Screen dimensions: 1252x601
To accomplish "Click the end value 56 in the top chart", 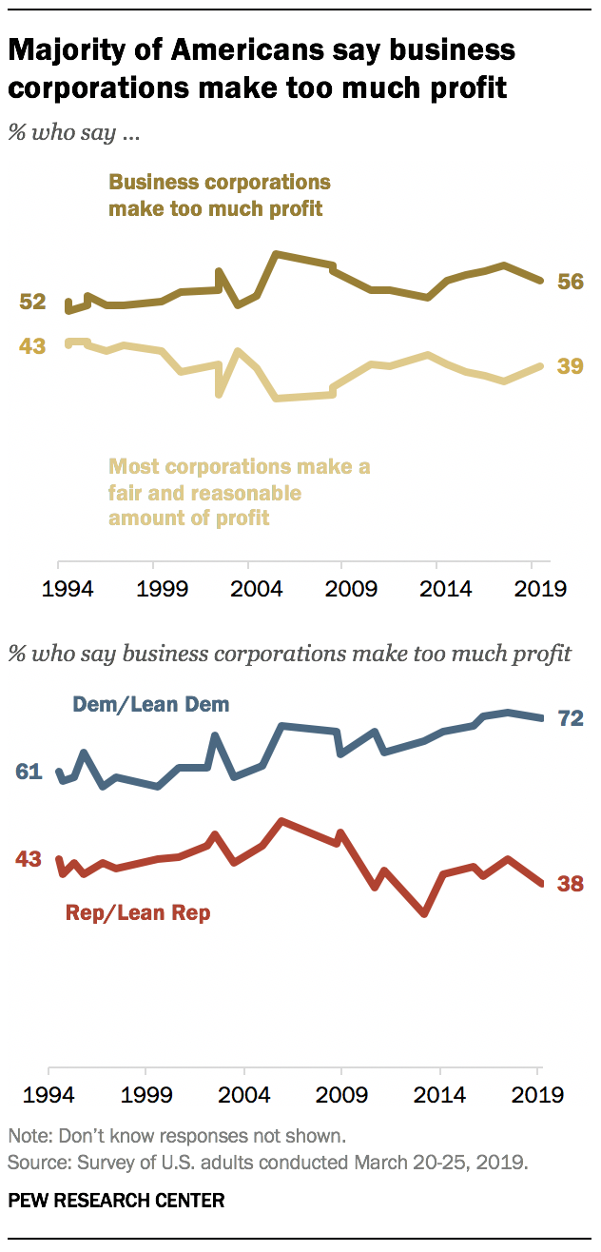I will [x=571, y=283].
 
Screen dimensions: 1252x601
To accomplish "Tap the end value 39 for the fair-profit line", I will [x=571, y=366].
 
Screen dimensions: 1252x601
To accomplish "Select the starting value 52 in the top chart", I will [x=33, y=302].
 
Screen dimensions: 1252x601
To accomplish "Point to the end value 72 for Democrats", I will [x=571, y=718].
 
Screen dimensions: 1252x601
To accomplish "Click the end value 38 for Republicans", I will [x=571, y=884].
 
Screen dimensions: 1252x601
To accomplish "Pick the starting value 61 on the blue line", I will [x=29, y=772].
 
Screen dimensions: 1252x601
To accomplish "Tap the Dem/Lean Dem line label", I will [x=152, y=705].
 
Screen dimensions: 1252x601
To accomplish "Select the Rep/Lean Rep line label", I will [x=138, y=913].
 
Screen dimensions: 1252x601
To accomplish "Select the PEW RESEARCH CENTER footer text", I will [x=116, y=1201].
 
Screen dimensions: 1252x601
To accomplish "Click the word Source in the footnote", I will [x=33, y=1162].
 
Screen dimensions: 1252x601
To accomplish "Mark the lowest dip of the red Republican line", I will [x=425, y=913].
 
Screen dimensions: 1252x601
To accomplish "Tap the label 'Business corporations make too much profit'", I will [x=219, y=194].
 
